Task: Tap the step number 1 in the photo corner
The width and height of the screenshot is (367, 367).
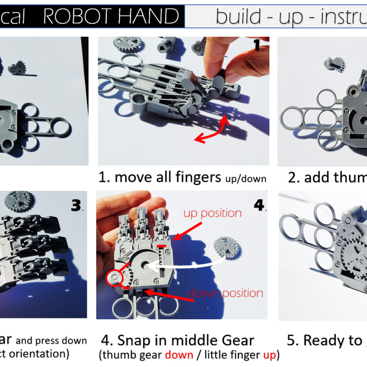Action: click(x=257, y=45)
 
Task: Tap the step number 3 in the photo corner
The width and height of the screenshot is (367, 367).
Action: click(x=77, y=206)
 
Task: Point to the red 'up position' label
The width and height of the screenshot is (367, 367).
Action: click(x=212, y=213)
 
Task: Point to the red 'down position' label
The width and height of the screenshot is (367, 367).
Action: click(x=226, y=293)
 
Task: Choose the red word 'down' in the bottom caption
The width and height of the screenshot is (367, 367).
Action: click(x=177, y=355)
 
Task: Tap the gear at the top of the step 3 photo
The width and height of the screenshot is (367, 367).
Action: click(x=20, y=200)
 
